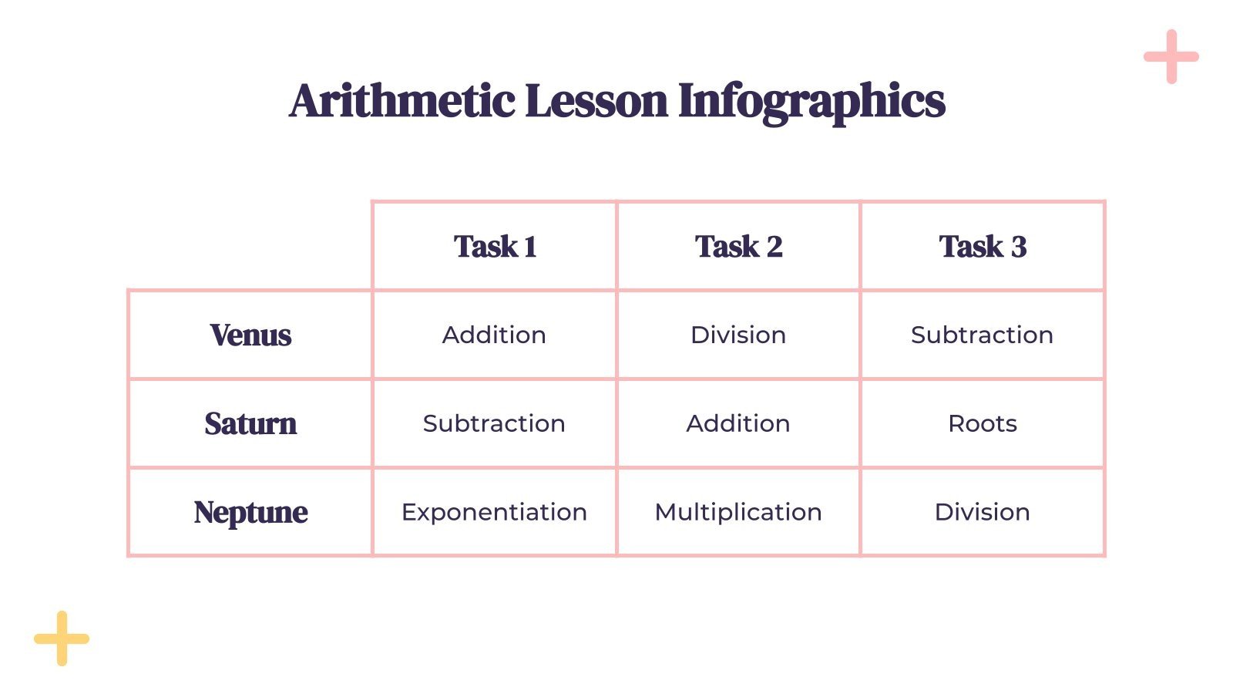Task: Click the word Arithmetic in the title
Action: pyautogui.click(x=402, y=101)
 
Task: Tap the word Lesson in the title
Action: pyautogui.click(x=596, y=101)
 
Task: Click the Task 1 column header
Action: pyautogui.click(x=495, y=247)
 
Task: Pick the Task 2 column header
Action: pyautogui.click(x=738, y=247)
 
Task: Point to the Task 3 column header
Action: pyautogui.click(x=983, y=247)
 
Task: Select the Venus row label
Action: pyautogui.click(x=250, y=335)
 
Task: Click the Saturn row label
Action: pyautogui.click(x=250, y=423)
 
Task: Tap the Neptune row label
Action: pyautogui.click(x=250, y=512)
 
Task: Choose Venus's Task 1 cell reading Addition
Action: pyautogui.click(x=494, y=335)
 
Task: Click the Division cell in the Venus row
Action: pyautogui.click(x=738, y=335)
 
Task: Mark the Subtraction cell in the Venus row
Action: pyautogui.click(x=982, y=335)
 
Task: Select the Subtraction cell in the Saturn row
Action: pyautogui.click(x=494, y=423)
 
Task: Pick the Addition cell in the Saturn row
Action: pyautogui.click(x=738, y=423)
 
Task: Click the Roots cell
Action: pyautogui.click(x=982, y=423)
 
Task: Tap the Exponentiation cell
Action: pyautogui.click(x=494, y=512)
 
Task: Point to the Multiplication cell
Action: pyautogui.click(x=738, y=512)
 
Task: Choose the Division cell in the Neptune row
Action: pyautogui.click(x=982, y=512)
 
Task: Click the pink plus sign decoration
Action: pyautogui.click(x=1171, y=56)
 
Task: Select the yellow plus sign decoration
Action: pyautogui.click(x=62, y=638)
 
